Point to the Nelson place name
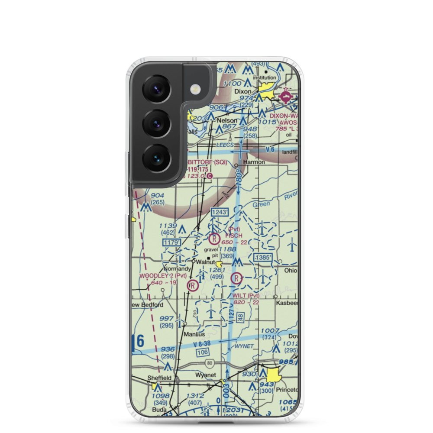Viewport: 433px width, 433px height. click(227, 120)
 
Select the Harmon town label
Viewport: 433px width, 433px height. click(254, 162)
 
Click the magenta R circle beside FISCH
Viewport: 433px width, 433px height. click(214, 238)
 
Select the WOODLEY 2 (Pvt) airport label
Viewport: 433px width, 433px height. click(163, 276)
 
